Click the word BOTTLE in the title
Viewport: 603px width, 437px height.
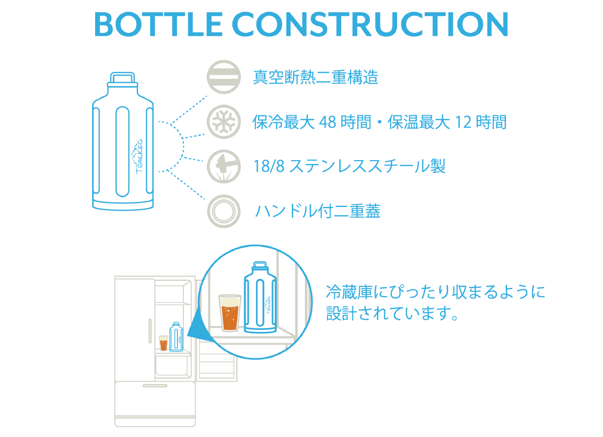pyautogui.click(x=158, y=24)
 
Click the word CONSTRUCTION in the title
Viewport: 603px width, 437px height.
pyautogui.click(x=370, y=24)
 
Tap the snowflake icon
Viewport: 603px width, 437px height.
pyautogui.click(x=224, y=122)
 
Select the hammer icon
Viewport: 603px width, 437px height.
pyautogui.click(x=224, y=166)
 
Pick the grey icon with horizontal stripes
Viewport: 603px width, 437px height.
pyautogui.click(x=224, y=77)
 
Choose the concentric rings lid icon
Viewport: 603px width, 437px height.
pyautogui.click(x=224, y=211)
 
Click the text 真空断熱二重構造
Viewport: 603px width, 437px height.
pyautogui.click(x=316, y=77)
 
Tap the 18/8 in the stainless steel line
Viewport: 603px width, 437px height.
pyautogui.click(x=269, y=166)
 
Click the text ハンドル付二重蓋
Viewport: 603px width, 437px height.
pyautogui.click(x=318, y=211)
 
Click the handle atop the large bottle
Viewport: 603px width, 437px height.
pyautogui.click(x=123, y=78)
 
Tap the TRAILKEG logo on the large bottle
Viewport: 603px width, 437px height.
pyautogui.click(x=137, y=157)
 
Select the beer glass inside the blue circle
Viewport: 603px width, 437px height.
pyautogui.click(x=229, y=313)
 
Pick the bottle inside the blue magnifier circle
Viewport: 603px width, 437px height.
pyautogui.click(x=260, y=297)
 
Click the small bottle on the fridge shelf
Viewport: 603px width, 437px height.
pyautogui.click(x=176, y=337)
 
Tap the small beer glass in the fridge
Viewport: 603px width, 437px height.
pyautogui.click(x=163, y=343)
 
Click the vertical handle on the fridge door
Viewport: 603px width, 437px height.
pyautogui.click(x=150, y=331)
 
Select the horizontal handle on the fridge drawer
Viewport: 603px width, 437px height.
pyautogui.click(x=155, y=386)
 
